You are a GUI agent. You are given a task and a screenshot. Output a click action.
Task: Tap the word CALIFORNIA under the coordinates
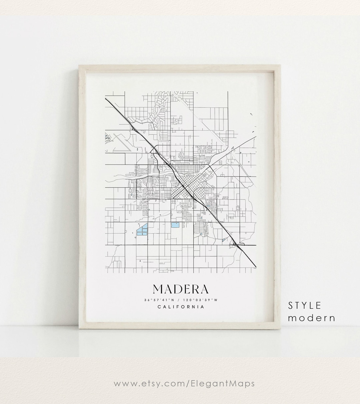(x=181, y=307)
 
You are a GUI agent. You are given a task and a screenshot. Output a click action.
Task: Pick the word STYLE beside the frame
(x=305, y=305)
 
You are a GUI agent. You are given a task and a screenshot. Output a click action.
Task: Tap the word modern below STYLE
(x=311, y=318)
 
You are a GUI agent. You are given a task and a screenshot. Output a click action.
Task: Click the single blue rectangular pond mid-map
(x=175, y=225)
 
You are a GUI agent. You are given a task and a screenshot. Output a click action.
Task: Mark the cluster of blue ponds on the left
(x=142, y=230)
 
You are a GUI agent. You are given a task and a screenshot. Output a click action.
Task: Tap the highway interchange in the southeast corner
(x=236, y=245)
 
